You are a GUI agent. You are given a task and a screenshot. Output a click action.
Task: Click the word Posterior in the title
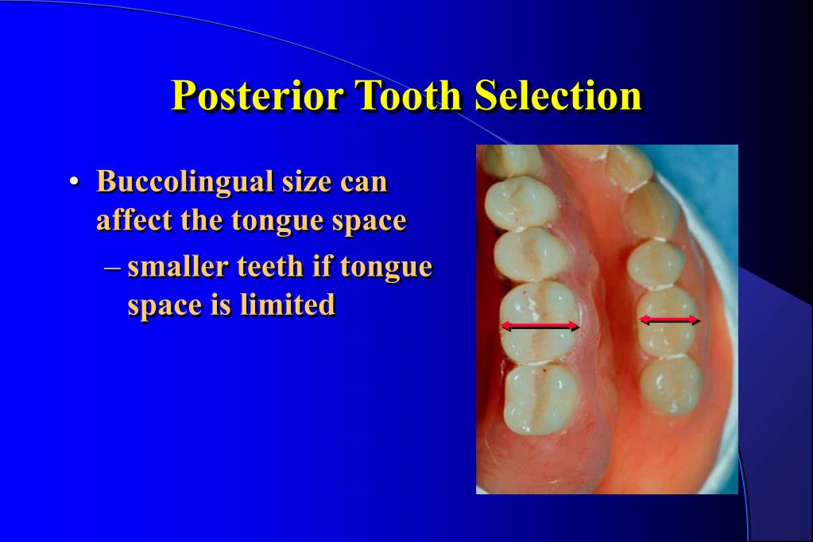[x=257, y=95]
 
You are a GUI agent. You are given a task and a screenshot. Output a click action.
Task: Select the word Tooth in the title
[x=408, y=95]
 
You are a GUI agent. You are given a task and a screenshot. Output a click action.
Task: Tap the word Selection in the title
[x=558, y=95]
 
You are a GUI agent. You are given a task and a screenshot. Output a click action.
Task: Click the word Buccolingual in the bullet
[x=185, y=183]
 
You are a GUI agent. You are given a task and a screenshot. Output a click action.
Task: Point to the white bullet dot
[x=74, y=182]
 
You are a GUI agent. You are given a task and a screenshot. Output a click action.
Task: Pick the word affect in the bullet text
[x=134, y=220]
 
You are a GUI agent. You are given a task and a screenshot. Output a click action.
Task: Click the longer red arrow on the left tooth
[x=540, y=326]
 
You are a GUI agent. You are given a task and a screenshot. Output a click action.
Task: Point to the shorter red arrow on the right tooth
[x=669, y=320]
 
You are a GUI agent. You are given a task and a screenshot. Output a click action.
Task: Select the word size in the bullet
[x=307, y=183]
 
